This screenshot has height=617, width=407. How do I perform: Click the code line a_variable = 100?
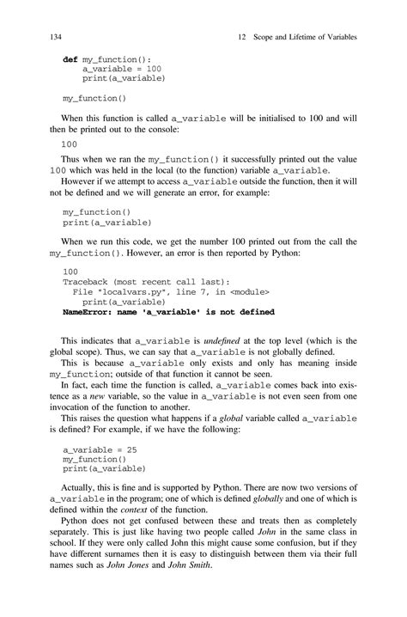pos(122,70)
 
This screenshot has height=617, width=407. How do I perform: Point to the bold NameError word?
pos(88,313)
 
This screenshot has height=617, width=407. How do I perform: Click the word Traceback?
pos(89,282)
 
